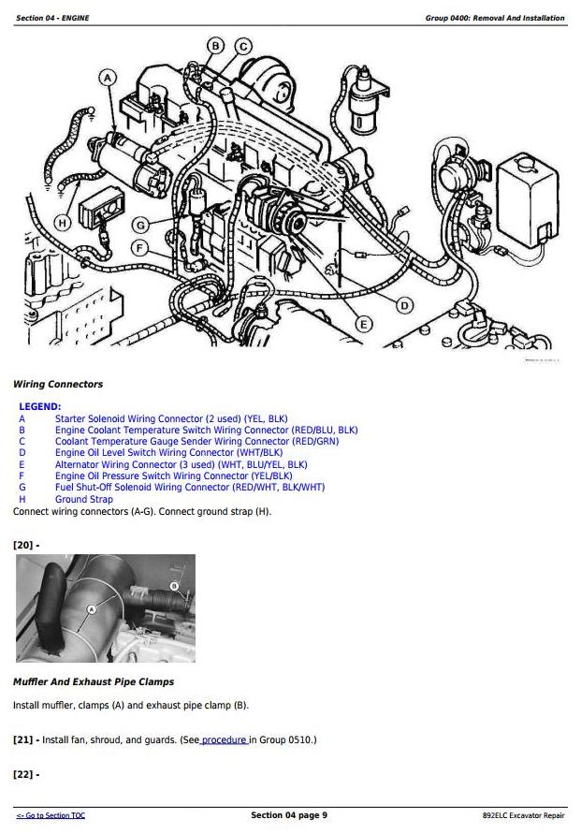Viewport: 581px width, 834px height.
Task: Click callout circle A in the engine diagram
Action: pos(108,79)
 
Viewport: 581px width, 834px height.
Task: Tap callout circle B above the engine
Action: pos(215,46)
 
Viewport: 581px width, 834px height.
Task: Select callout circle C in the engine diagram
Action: pos(243,47)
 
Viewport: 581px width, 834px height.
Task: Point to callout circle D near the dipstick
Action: pos(404,305)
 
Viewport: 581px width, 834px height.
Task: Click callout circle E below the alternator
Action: pos(364,324)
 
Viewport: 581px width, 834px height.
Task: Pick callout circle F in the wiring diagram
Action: pos(140,248)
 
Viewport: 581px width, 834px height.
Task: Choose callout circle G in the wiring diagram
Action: pos(140,225)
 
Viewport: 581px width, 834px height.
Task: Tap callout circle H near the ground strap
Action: pos(63,223)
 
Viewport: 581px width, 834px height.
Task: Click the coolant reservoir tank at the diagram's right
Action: pos(528,200)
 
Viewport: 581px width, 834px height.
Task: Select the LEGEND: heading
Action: pos(40,407)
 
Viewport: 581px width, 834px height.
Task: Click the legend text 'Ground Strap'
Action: pos(84,500)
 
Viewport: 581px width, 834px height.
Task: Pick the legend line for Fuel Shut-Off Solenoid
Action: pos(190,488)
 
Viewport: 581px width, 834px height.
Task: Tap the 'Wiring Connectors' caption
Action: pos(58,384)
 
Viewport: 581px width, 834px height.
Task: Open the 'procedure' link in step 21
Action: pos(224,739)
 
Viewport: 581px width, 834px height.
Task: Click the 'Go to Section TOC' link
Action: pos(51,815)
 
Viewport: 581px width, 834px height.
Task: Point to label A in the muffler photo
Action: pos(92,609)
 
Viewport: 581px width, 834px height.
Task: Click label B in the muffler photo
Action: pos(174,586)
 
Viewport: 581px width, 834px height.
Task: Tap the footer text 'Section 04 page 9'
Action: pos(289,815)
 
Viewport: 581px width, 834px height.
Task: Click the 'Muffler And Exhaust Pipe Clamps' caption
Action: pos(94,681)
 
